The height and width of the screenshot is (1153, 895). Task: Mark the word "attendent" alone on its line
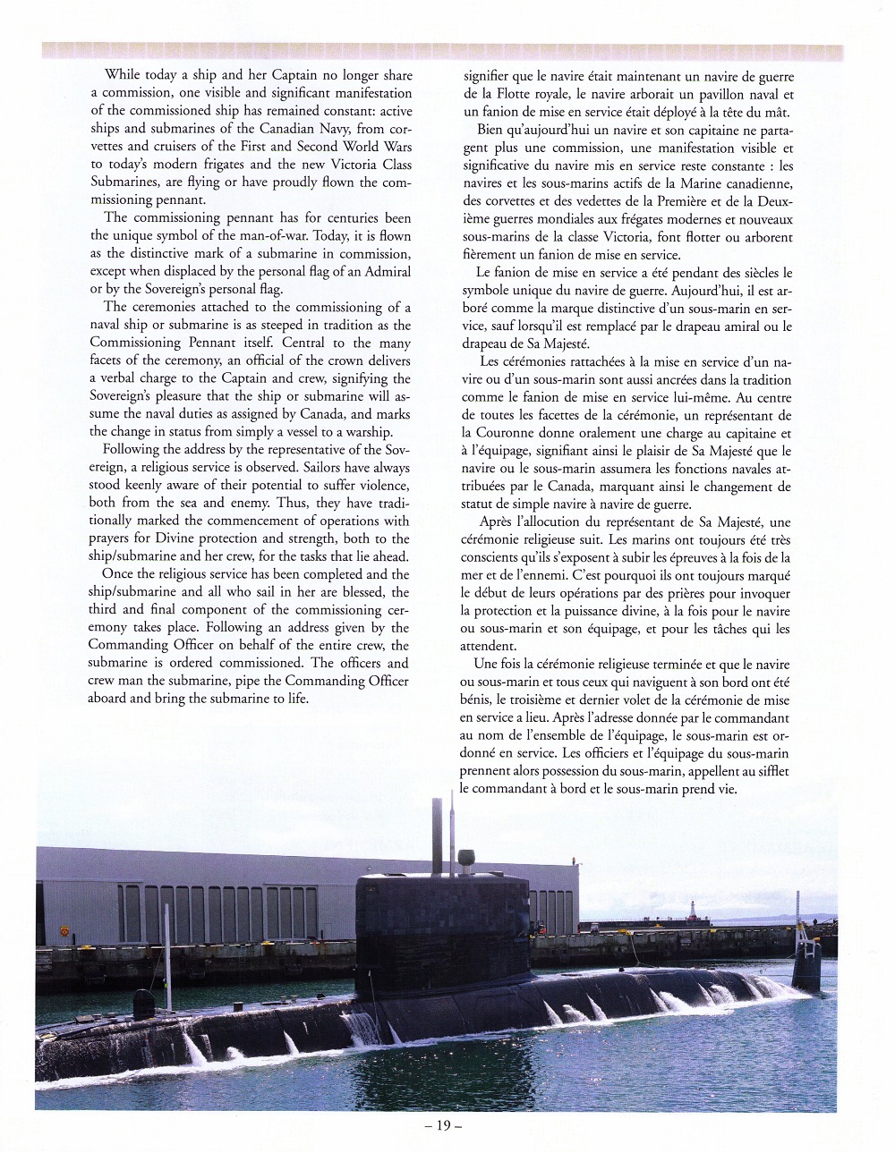[488, 644]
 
